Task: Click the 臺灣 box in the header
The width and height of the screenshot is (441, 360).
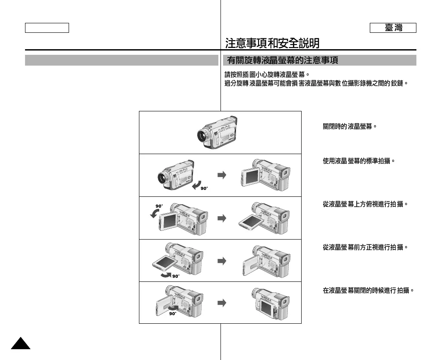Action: tap(393, 28)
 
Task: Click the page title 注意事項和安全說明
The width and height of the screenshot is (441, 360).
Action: tap(272, 43)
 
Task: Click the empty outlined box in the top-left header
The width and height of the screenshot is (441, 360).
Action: tap(47, 28)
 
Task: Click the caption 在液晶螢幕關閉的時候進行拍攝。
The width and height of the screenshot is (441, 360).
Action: tap(368, 291)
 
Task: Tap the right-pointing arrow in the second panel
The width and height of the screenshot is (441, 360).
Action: tap(221, 175)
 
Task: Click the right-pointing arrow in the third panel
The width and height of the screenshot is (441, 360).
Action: tap(221, 218)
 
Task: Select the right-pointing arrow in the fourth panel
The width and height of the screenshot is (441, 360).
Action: tap(221, 261)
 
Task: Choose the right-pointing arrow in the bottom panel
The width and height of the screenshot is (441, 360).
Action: tap(221, 303)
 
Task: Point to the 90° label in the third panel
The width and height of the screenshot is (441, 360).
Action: tap(160, 206)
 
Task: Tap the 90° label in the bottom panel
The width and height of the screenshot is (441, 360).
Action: tap(173, 314)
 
